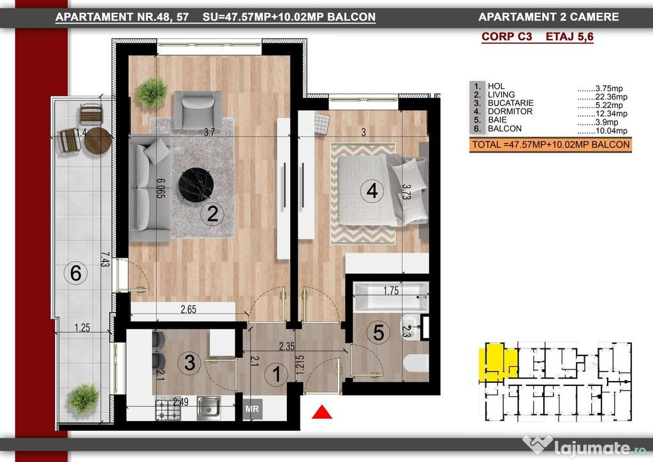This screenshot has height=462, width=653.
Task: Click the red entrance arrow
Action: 322,412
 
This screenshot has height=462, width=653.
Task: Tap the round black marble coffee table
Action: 196,186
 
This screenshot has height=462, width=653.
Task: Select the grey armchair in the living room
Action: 198,110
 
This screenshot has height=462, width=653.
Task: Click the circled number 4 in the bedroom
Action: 372,191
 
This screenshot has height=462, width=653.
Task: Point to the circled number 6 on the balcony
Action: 75,273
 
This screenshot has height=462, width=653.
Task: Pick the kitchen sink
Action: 209,406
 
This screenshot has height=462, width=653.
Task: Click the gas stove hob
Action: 168,409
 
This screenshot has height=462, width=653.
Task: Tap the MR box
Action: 252,409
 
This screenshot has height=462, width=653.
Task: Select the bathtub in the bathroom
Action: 391,297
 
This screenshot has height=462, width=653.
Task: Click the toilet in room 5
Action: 416,363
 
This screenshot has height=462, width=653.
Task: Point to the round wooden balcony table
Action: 98,141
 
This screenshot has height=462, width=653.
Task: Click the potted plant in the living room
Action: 151,93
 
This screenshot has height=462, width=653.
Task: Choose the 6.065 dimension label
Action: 161,188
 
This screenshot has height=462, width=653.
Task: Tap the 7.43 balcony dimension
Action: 105,260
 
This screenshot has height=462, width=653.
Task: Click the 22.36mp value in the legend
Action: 612,96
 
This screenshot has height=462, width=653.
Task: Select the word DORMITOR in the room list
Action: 510,111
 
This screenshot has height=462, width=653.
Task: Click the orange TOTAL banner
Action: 550,145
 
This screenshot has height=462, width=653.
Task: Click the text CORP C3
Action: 507,36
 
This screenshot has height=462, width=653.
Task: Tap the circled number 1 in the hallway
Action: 277,374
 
